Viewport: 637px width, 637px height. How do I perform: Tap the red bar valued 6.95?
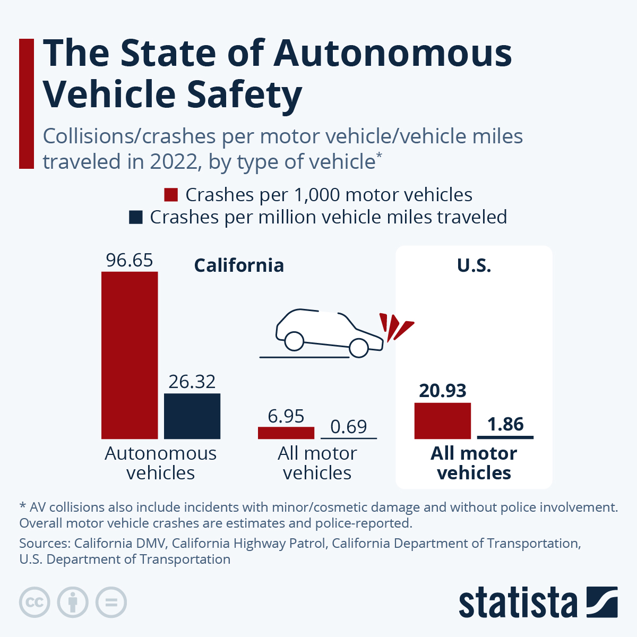pos(286,433)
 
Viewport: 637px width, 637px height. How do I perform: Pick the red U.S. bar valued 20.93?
pos(442,420)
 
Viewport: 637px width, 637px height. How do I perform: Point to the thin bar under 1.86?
pos(505,437)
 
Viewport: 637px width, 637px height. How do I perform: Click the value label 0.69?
pos(349,426)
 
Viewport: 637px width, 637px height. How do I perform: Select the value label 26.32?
pos(192,382)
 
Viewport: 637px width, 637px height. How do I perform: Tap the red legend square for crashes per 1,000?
pos(170,195)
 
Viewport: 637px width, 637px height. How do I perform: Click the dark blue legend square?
pos(136,217)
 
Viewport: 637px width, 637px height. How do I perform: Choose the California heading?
pos(239,265)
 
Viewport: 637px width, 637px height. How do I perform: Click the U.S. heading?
pos(474,265)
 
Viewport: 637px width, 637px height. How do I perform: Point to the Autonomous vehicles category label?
pos(161,463)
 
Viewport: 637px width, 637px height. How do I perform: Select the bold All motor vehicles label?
pos(474,463)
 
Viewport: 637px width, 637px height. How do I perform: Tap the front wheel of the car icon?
pos(359,348)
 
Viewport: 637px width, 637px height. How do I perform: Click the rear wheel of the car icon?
pos(294,340)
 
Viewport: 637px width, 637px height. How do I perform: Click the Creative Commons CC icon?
pos(35,602)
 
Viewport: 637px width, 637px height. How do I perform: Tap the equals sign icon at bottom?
pos(111,602)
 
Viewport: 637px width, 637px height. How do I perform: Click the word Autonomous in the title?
pos(393,53)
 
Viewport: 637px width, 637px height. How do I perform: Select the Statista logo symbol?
pos(602,602)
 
